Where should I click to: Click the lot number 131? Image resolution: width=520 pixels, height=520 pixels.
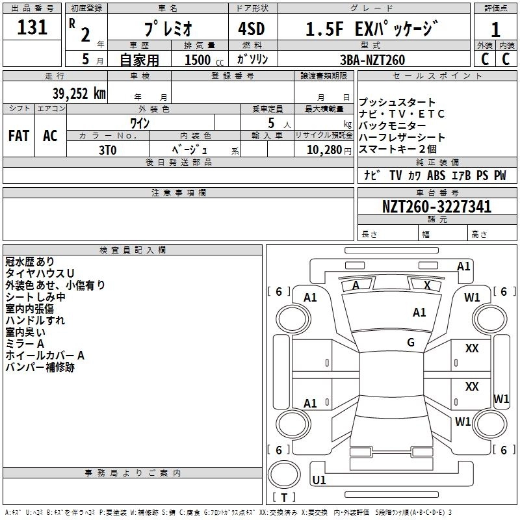[x=32, y=27]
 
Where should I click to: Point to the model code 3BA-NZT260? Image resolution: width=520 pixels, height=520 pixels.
[x=372, y=60]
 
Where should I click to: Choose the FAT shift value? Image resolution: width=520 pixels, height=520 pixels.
[x=18, y=136]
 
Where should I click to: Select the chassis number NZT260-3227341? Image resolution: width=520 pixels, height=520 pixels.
[x=437, y=207]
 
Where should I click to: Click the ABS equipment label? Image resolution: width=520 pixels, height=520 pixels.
[x=437, y=175]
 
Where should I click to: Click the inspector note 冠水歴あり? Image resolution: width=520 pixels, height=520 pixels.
[x=30, y=261]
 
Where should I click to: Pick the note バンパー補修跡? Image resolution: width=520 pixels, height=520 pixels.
[x=40, y=367]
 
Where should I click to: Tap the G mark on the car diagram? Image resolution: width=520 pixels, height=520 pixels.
[x=411, y=343]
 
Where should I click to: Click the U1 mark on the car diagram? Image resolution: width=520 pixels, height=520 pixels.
[x=319, y=480]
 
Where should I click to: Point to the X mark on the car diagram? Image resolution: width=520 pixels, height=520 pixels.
[x=427, y=285]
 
